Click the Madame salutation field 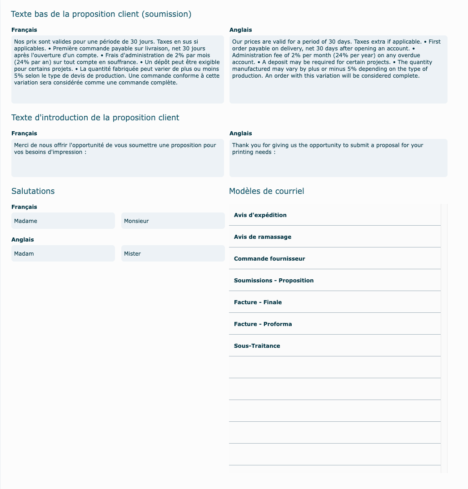coord(63,221)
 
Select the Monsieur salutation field coord(173,221)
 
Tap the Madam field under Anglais coord(63,254)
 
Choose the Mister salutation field coord(173,254)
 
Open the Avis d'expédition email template coord(260,215)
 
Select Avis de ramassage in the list coord(263,237)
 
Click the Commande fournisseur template coord(269,259)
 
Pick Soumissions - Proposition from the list coord(274,281)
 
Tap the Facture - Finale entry coord(258,302)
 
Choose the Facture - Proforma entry coord(263,324)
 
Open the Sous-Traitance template coord(257,346)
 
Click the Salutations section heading coord(33,191)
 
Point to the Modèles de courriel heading coord(267,191)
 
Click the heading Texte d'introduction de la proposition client coord(95,118)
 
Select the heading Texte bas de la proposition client coord(101,14)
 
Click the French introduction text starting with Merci coord(117,158)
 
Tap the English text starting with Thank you coord(338,158)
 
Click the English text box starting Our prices coord(338,69)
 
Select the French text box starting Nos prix coord(117,69)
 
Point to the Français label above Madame coord(24,207)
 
